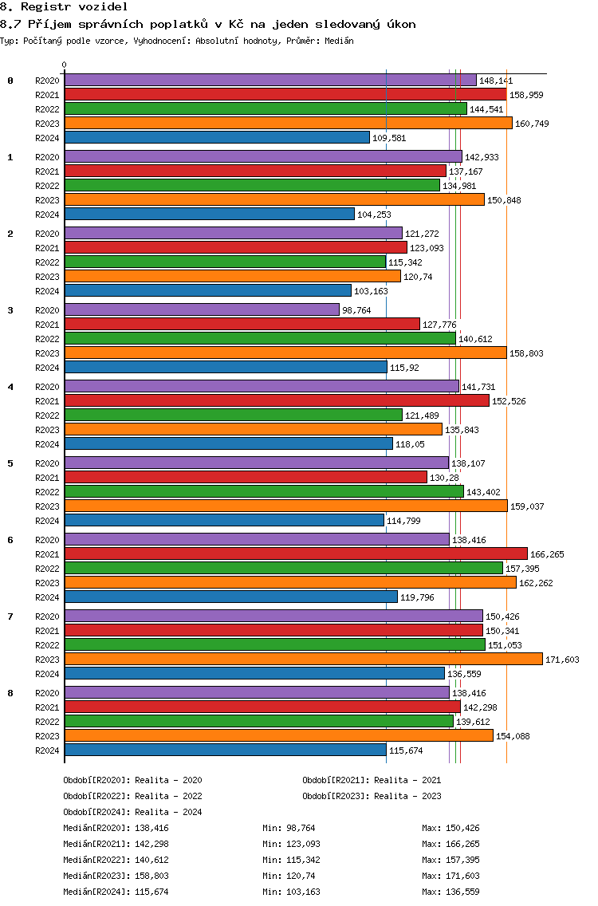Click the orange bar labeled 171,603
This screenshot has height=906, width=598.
[x=303, y=660]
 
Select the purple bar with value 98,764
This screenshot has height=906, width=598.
[x=202, y=309]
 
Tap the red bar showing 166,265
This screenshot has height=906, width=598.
[x=296, y=554]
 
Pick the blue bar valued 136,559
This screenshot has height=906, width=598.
[x=254, y=674]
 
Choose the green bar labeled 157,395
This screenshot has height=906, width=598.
[x=284, y=569]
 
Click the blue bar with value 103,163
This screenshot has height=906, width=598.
[x=208, y=290]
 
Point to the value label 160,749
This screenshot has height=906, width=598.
[x=532, y=124]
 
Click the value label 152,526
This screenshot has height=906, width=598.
[x=509, y=401]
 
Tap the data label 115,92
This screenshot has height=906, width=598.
[x=404, y=368]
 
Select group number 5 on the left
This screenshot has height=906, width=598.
[x=10, y=463]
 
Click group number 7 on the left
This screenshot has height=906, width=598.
[x=10, y=616]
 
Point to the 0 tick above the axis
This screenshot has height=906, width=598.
[x=64, y=65]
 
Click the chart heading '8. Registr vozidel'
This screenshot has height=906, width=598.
[x=64, y=7]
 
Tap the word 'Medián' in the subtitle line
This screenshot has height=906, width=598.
[x=339, y=41]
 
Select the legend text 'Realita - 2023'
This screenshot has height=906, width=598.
[x=407, y=796]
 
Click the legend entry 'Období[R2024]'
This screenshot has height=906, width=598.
[x=96, y=813]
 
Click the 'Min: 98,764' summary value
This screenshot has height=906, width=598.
[x=289, y=828]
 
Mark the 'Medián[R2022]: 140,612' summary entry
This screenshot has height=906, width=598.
[x=116, y=860]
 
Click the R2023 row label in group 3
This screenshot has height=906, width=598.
[x=47, y=353]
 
